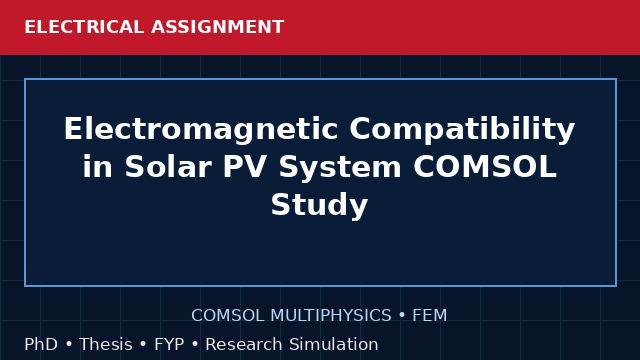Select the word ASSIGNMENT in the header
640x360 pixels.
(x=218, y=27)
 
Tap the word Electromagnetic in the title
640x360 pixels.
(x=200, y=129)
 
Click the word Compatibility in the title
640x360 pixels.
(x=462, y=129)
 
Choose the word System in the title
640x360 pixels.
(x=340, y=167)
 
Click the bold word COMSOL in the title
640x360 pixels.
(x=485, y=167)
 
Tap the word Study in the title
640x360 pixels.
(x=320, y=205)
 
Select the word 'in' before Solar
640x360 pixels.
(x=98, y=167)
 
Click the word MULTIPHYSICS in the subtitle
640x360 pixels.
(x=331, y=316)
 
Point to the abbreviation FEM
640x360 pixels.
(x=429, y=316)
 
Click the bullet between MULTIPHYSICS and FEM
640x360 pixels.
(x=402, y=316)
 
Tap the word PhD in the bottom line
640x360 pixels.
(x=41, y=344)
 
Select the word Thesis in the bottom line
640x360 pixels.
(x=106, y=344)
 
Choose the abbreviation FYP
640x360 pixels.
(x=169, y=344)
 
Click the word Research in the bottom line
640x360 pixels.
(x=244, y=344)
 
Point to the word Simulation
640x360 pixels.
(x=334, y=344)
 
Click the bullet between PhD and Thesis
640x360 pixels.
(x=69, y=344)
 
